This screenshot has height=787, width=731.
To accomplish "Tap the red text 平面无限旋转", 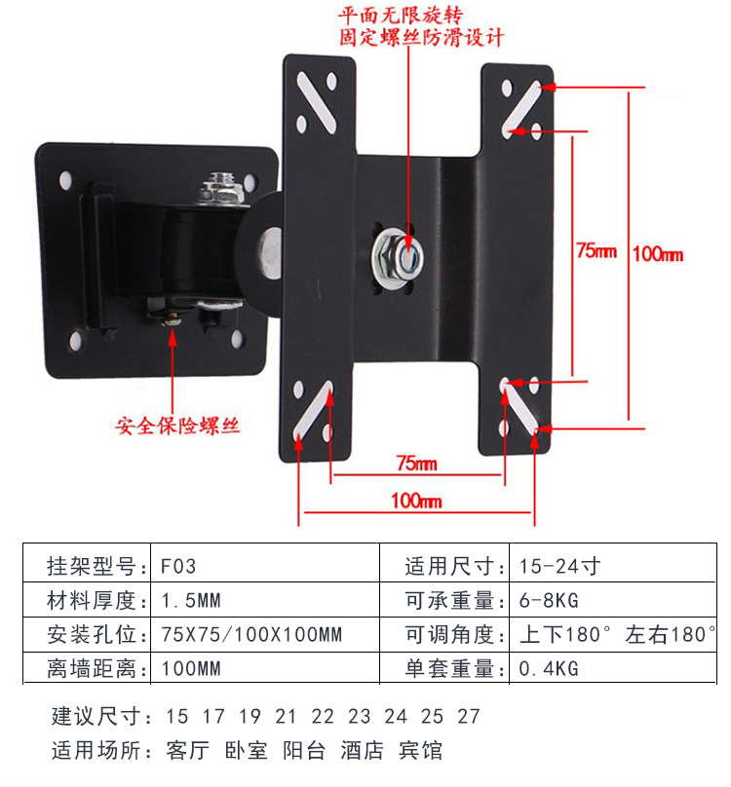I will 399,17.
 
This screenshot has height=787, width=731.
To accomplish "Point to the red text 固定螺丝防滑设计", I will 421,39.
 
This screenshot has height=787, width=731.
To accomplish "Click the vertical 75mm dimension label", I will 596,250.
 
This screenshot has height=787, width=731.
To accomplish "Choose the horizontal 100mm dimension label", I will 416,501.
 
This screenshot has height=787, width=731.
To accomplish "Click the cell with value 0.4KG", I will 549,669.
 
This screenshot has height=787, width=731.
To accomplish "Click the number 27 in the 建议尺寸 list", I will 469,717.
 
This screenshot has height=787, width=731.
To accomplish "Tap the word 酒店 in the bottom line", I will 361,751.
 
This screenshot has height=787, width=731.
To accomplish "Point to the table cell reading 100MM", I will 190,669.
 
